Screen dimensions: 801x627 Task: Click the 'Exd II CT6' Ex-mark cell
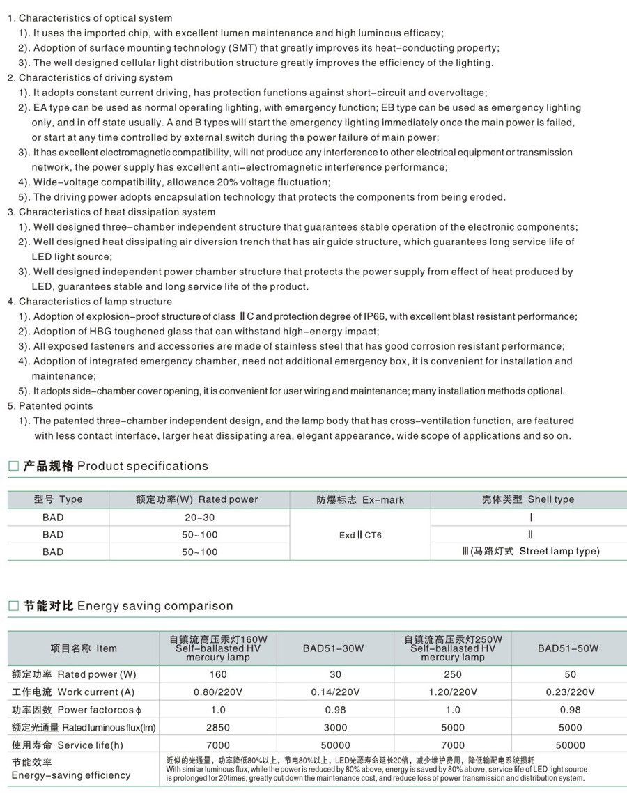click(x=359, y=535)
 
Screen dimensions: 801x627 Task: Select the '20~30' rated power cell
click(x=200, y=518)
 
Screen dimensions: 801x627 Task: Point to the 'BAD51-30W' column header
click(x=333, y=648)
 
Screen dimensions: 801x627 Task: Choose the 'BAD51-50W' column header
click(x=568, y=648)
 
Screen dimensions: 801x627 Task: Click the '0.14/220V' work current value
click(x=335, y=692)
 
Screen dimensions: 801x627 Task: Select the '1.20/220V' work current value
click(x=453, y=692)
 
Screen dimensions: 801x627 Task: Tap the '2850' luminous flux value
click(x=218, y=728)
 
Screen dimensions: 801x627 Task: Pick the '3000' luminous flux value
click(x=335, y=728)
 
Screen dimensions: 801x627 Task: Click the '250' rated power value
click(x=453, y=674)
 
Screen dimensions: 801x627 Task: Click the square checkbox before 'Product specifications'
click(x=13, y=467)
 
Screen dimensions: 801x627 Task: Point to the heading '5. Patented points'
click(x=50, y=405)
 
